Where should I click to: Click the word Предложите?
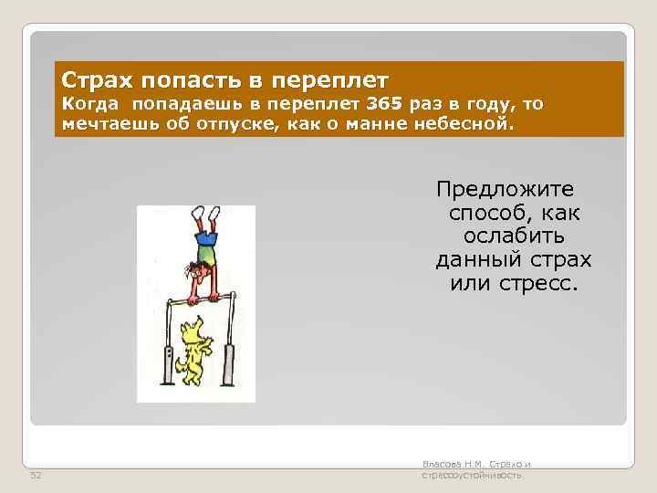click(x=505, y=190)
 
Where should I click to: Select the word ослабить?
click(x=515, y=236)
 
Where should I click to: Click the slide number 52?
click(x=36, y=476)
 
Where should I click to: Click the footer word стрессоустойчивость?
click(x=471, y=476)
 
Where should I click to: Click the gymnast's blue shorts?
click(x=207, y=238)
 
